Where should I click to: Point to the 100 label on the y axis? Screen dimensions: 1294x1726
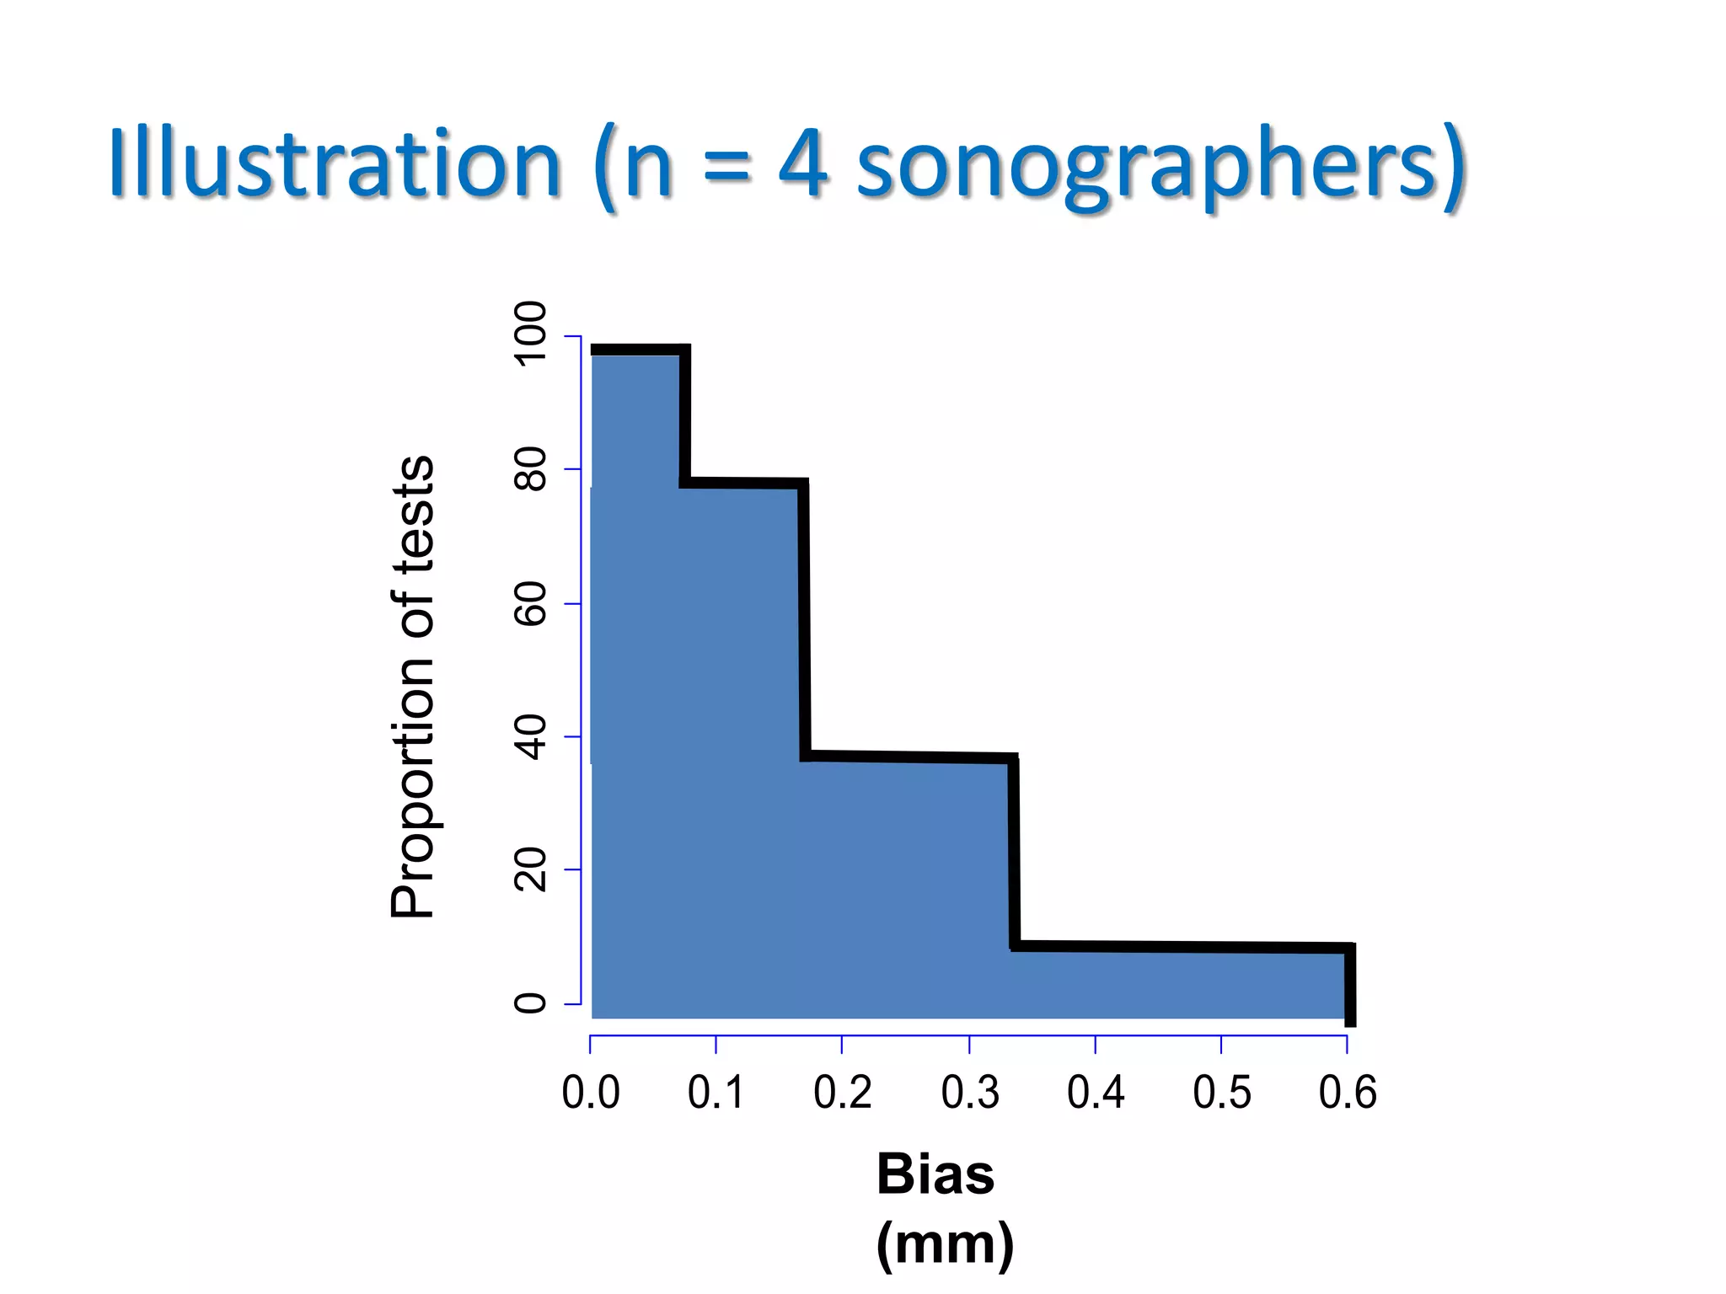click(x=531, y=334)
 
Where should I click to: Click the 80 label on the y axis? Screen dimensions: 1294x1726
click(x=531, y=469)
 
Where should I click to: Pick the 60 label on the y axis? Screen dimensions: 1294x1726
click(x=531, y=603)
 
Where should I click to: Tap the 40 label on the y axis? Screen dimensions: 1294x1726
click(x=531, y=737)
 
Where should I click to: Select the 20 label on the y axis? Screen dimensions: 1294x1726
click(x=531, y=870)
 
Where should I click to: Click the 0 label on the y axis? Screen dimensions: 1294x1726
click(x=531, y=1003)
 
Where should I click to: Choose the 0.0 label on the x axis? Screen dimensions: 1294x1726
click(x=590, y=1093)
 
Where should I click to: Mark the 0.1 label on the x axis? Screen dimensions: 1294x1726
click(x=716, y=1093)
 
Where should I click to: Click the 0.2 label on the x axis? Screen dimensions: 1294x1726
click(x=842, y=1093)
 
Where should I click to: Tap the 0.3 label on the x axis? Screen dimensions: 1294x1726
click(x=969, y=1093)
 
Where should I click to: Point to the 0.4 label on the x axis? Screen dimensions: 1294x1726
click(x=1096, y=1093)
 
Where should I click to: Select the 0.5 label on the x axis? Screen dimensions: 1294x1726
click(x=1221, y=1093)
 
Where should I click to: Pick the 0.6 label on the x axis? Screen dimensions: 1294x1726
click(x=1347, y=1093)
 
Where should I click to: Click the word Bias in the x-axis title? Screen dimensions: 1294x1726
click(x=935, y=1174)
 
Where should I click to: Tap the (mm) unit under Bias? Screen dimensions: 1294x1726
click(x=945, y=1243)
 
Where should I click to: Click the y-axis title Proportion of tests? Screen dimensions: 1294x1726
click(x=413, y=687)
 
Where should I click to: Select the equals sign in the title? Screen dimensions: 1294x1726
click(x=726, y=165)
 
